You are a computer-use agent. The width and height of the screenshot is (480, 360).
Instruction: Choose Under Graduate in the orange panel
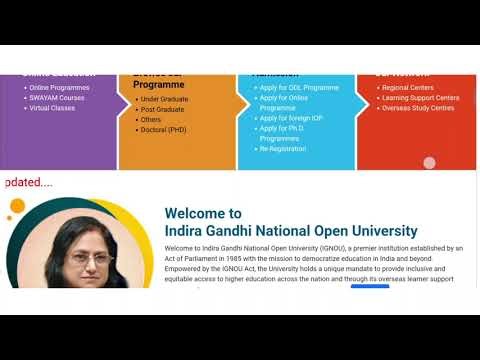(165, 99)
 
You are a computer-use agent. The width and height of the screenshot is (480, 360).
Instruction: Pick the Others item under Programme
(151, 119)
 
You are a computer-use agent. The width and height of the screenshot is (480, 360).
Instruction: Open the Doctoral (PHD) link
(164, 130)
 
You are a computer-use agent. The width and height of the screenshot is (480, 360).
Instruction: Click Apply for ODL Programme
(299, 88)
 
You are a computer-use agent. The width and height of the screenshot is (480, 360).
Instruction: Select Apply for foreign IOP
(291, 118)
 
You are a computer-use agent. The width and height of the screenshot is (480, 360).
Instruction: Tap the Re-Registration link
(284, 149)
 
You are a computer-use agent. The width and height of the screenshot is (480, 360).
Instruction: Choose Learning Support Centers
(420, 98)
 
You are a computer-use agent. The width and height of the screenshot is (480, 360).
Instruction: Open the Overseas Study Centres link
(418, 108)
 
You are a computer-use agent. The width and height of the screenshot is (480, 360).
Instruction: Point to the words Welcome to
(203, 213)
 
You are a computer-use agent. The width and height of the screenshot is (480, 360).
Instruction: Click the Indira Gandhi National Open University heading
(297, 231)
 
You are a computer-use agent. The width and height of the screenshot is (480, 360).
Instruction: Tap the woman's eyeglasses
(93, 257)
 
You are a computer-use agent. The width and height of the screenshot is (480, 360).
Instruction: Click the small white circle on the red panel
(430, 163)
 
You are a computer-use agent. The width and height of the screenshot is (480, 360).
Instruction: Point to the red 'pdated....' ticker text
(29, 183)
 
